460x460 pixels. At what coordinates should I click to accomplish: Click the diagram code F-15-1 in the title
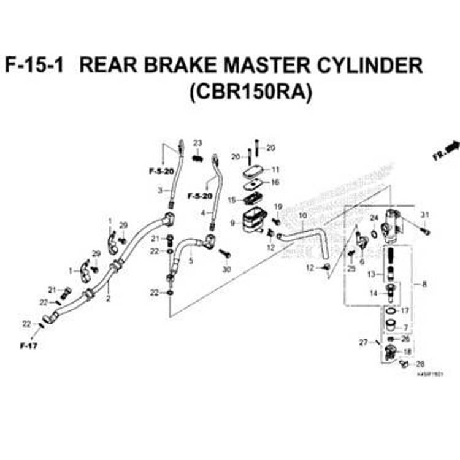coord(34,66)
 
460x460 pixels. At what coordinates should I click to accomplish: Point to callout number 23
coord(197,143)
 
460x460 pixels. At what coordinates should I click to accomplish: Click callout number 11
coord(275,169)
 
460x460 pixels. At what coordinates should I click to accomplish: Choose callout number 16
coord(275,182)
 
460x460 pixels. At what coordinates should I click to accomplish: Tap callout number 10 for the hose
coord(302,216)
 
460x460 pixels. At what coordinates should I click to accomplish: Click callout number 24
coord(374,218)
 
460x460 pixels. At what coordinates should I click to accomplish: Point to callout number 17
coord(404,311)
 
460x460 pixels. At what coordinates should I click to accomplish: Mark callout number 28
coord(421,364)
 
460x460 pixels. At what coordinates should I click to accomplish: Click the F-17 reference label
coord(28,346)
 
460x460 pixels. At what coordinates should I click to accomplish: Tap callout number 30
coord(226,270)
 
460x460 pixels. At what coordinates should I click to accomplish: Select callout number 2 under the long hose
coord(108,299)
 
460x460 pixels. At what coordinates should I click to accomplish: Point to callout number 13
coord(370,274)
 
